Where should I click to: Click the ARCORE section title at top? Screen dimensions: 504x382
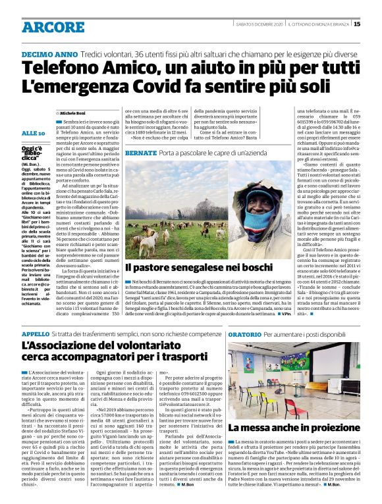tap(51, 26)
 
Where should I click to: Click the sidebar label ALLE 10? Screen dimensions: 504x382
tap(33, 134)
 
